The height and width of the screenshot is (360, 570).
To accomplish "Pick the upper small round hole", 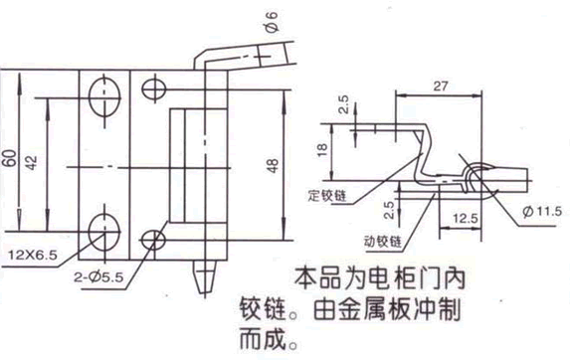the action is pyautogui.click(x=152, y=87).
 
